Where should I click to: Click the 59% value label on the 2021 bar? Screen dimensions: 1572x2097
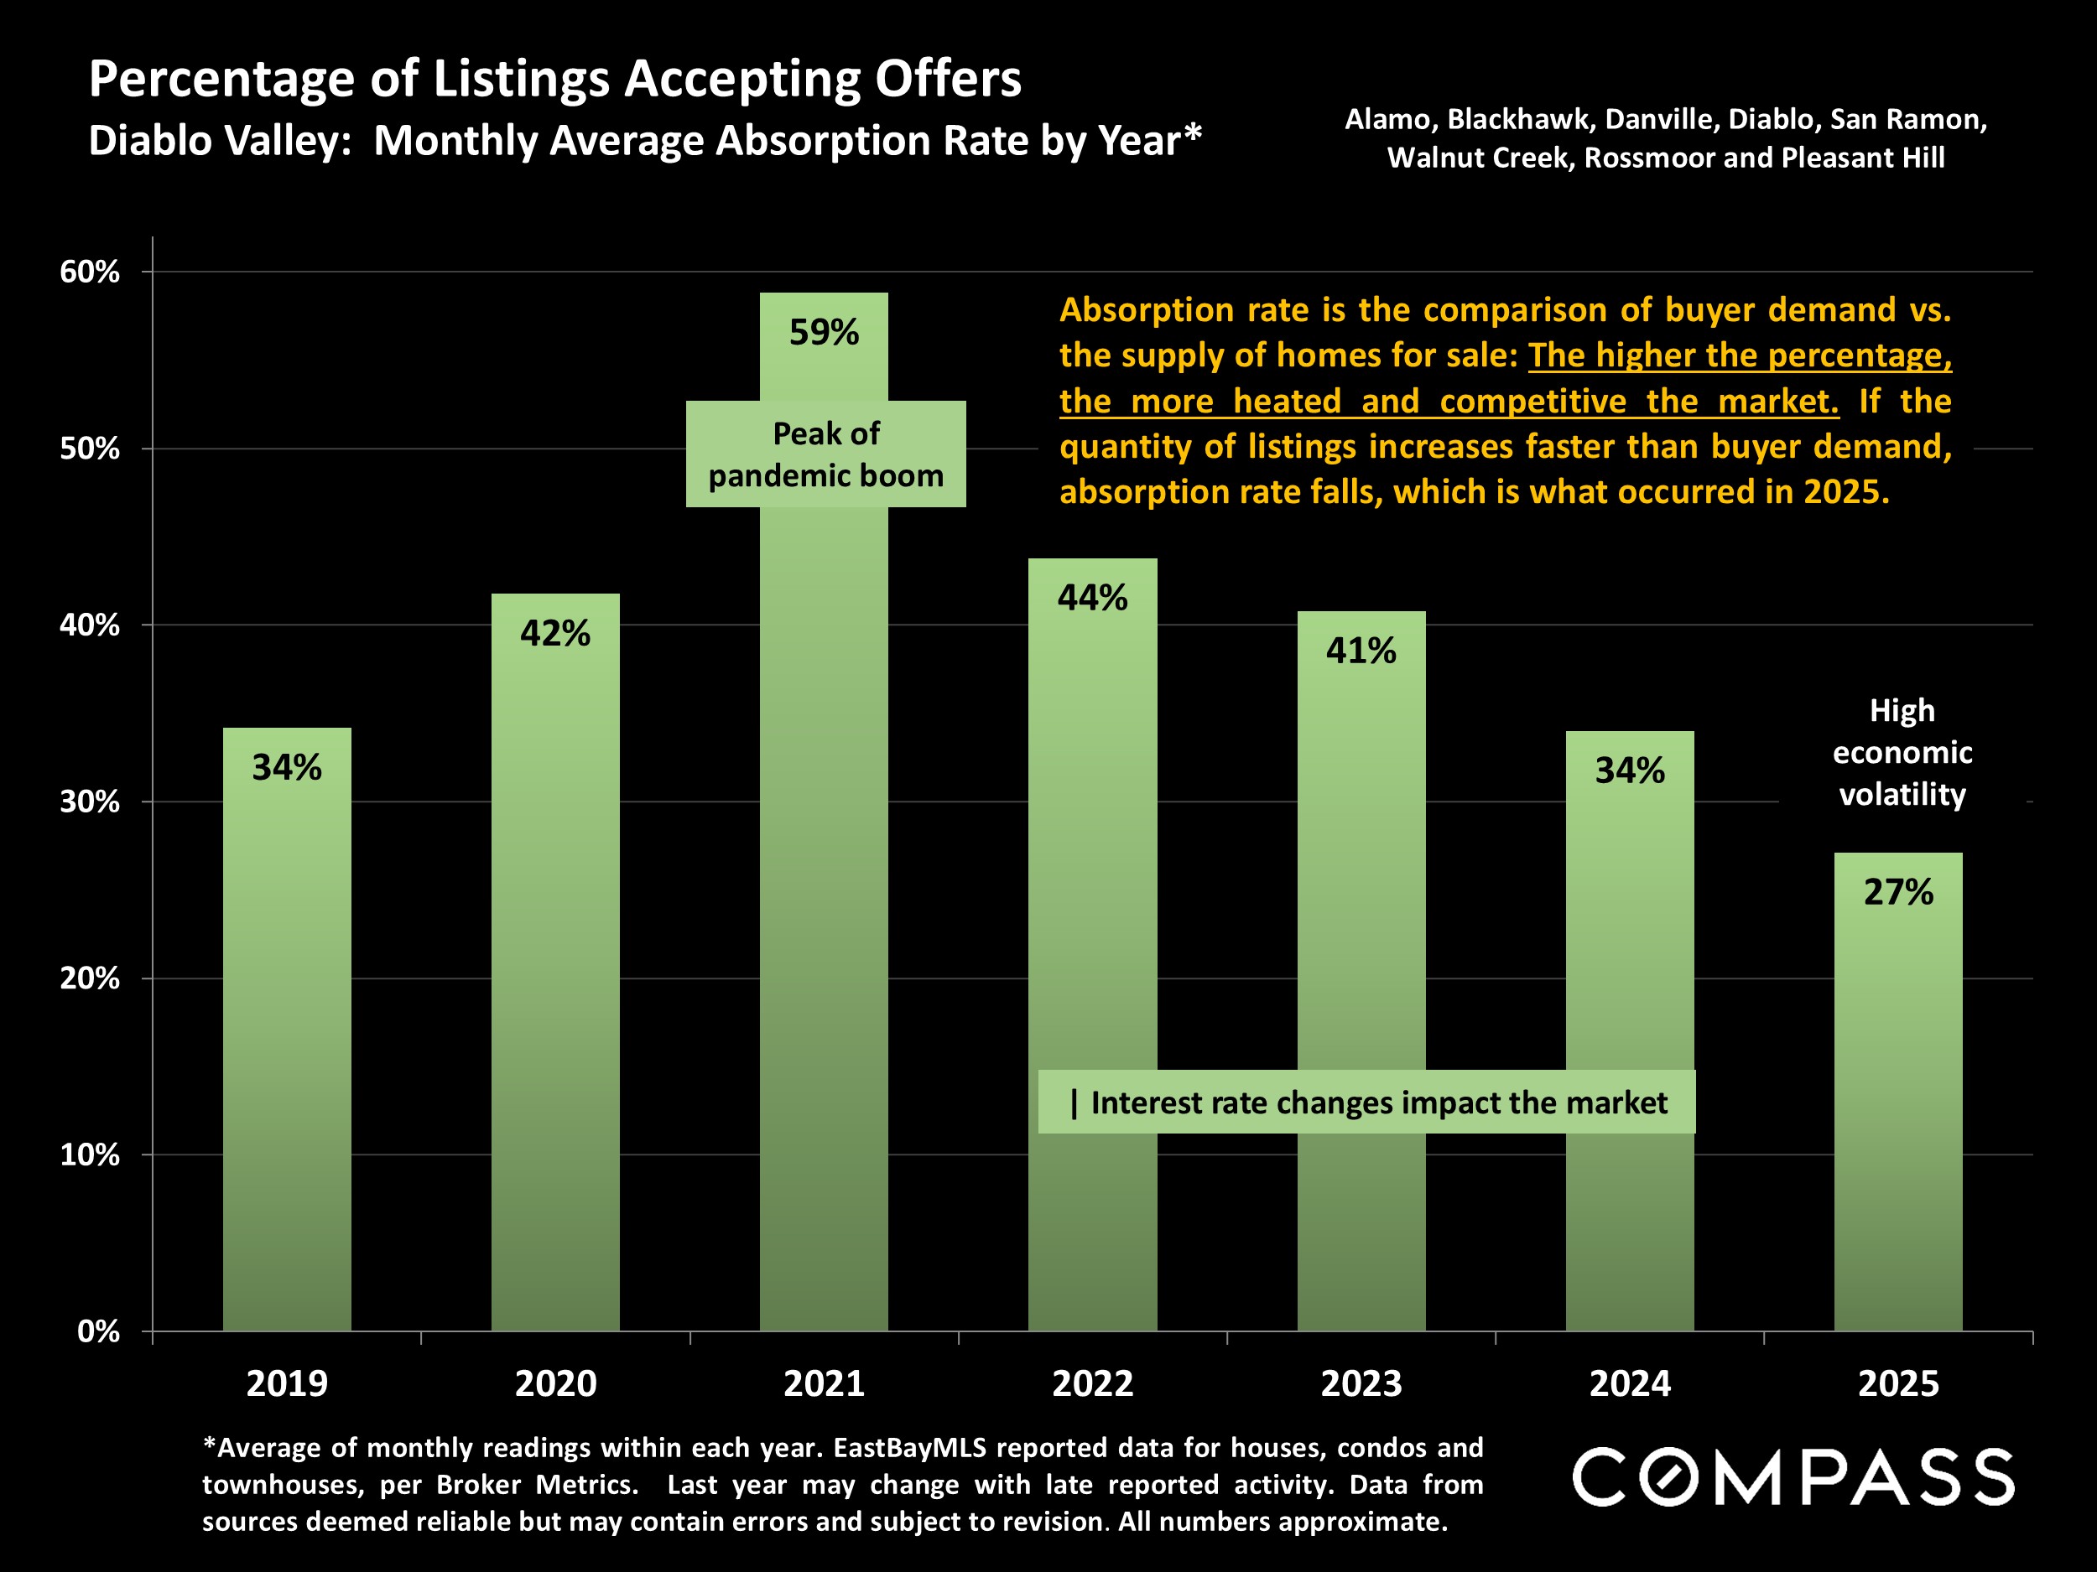pos(824,333)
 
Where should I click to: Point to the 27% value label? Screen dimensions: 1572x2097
pos(1898,893)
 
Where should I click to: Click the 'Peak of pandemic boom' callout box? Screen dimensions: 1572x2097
pos(825,454)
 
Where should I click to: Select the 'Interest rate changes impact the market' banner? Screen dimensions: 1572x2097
pos(1366,1102)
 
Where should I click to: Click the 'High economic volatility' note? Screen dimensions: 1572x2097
pos(1902,752)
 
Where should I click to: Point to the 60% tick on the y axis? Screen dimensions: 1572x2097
pos(90,272)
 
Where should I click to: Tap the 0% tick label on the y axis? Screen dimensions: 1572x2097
pos(97,1331)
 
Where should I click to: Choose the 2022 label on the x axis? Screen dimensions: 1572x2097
pos(1092,1384)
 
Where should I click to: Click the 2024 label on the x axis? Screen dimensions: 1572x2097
pos(1630,1384)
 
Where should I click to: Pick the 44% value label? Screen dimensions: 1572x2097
pos(1092,598)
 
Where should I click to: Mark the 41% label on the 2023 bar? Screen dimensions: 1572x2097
pos(1361,651)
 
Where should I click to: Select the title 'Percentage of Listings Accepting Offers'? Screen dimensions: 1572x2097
pos(554,79)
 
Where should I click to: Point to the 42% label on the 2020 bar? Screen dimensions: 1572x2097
pos(554,633)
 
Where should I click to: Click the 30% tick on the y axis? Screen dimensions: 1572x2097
pos(90,802)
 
